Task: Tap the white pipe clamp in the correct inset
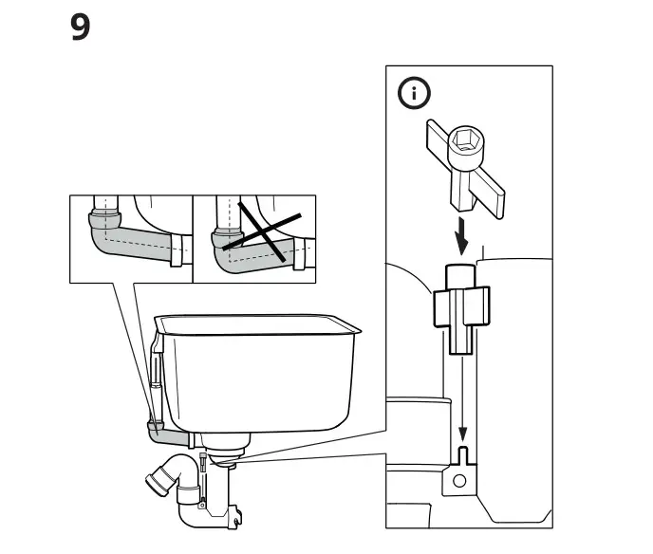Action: (x=176, y=257)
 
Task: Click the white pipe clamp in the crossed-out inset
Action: (x=301, y=258)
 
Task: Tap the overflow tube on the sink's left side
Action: (x=152, y=379)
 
